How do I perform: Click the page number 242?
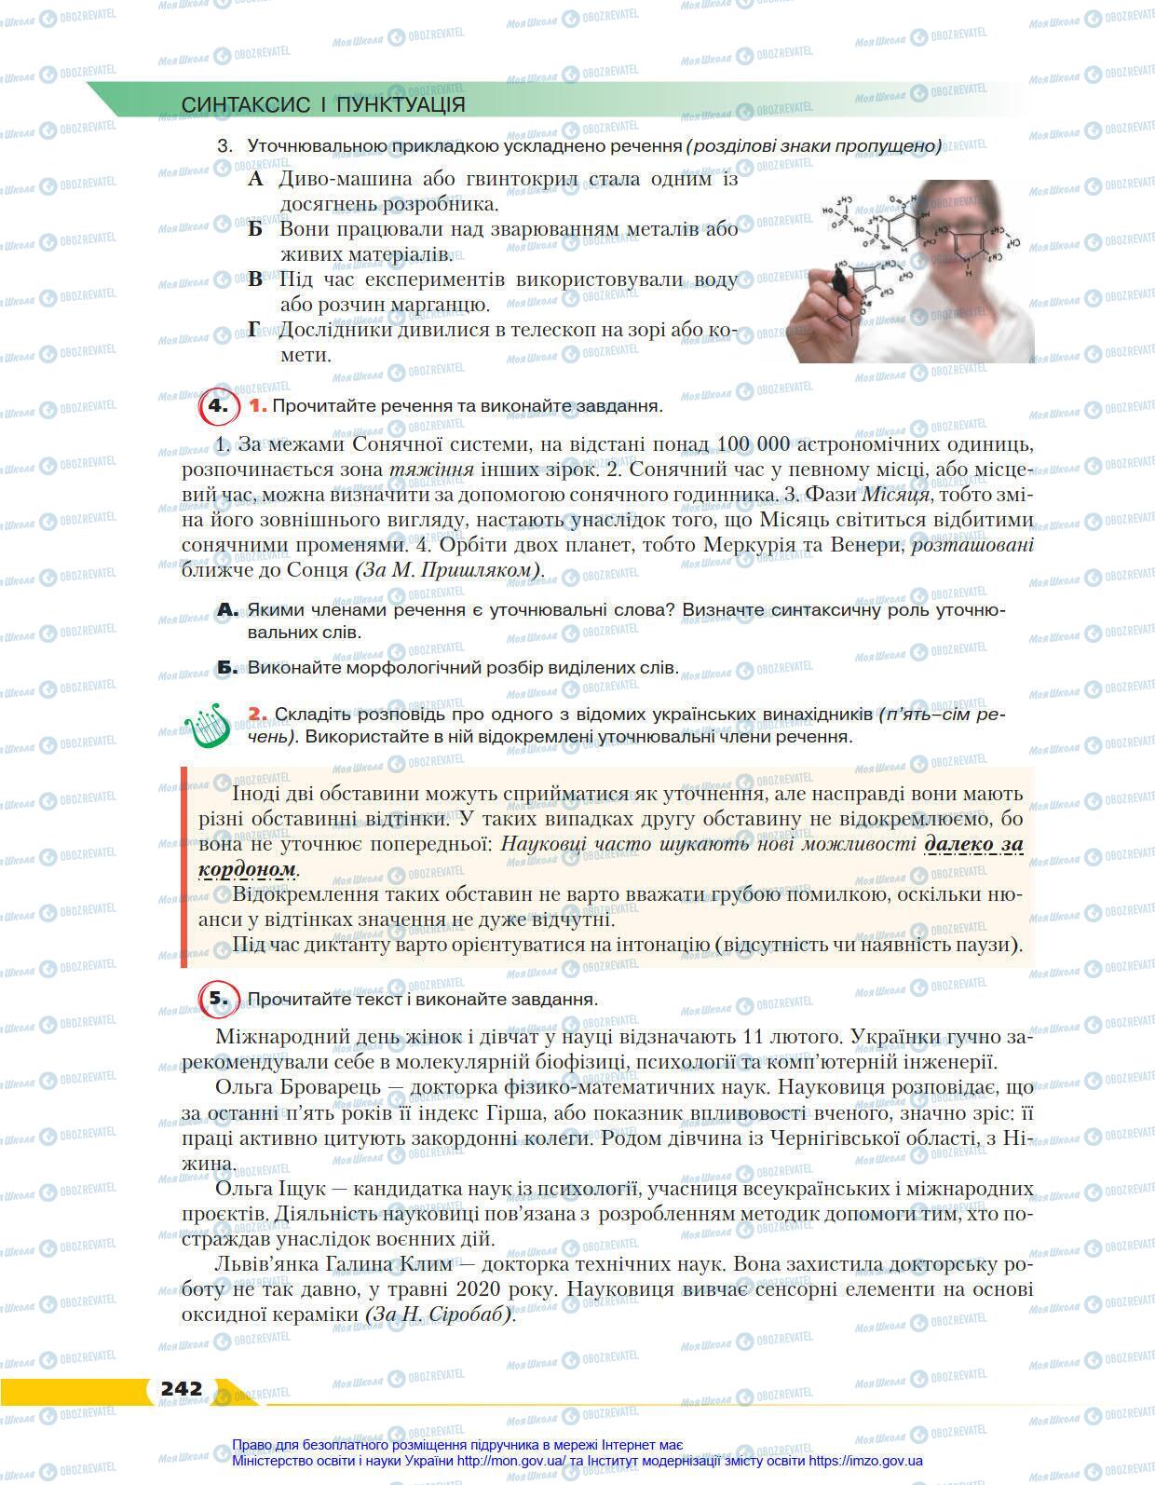[181, 1388]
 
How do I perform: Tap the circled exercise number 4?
[217, 406]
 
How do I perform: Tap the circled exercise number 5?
[217, 999]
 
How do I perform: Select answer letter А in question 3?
[257, 179]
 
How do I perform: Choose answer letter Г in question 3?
[254, 330]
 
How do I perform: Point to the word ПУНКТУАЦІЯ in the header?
[400, 104]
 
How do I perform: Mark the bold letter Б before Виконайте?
[227, 668]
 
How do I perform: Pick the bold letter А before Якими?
[227, 610]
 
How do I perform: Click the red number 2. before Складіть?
[258, 715]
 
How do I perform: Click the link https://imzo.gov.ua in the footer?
[865, 1461]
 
